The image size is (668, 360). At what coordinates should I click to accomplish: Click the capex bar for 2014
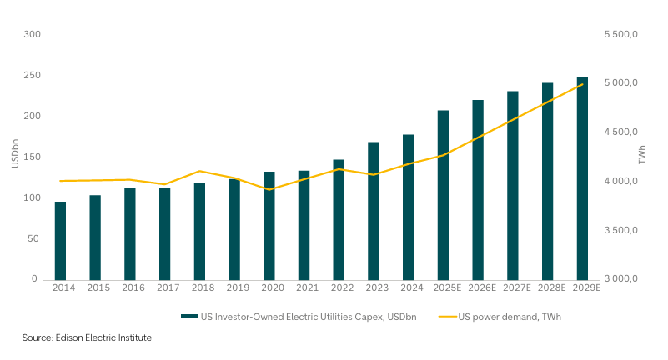[61, 241]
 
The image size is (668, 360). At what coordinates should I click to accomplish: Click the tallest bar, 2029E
[582, 178]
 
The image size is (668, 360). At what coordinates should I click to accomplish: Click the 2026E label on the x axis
[478, 287]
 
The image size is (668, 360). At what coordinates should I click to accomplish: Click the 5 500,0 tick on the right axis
[620, 34]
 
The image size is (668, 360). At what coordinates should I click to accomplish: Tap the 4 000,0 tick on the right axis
[620, 181]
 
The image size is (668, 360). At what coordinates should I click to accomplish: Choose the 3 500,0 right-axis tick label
[620, 230]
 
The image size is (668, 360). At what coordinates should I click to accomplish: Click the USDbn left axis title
[14, 157]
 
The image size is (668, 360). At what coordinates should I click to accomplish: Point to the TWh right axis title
[643, 157]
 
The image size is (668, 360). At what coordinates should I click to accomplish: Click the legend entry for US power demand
[504, 316]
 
